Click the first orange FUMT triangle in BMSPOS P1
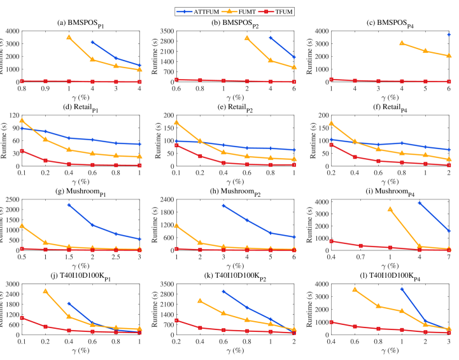pos(69,38)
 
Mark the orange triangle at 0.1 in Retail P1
pos(22,120)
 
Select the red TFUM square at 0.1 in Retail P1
pos(22,151)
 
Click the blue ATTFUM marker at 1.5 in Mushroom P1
pos(69,205)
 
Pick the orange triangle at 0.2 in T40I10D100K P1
pos(45,291)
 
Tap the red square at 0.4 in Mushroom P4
pos(332,241)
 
